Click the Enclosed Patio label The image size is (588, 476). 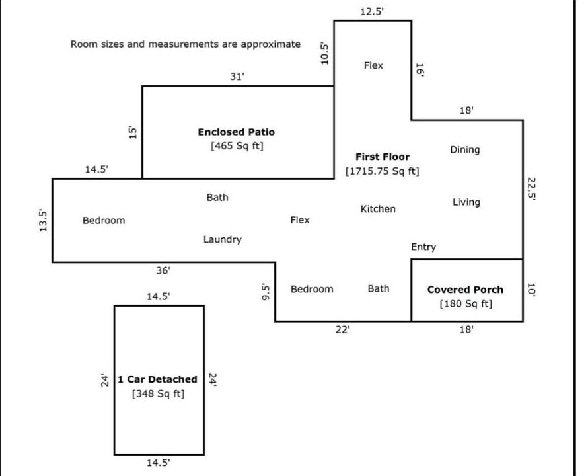(236, 132)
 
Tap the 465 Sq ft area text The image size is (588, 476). (236, 146)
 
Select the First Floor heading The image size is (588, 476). (382, 157)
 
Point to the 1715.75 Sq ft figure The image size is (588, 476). (382, 171)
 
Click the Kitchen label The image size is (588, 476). (378, 209)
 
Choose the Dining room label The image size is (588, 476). (464, 150)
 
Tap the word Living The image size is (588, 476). (466, 202)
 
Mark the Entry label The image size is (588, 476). (423, 247)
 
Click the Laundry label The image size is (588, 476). (222, 239)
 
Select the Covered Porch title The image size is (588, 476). (464, 290)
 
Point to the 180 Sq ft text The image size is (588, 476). (466, 304)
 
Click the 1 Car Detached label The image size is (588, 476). (157, 379)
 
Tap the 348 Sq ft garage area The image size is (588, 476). (158, 394)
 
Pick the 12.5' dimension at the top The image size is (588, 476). (372, 11)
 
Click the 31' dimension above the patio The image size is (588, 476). (237, 77)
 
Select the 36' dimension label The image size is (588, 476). (163, 270)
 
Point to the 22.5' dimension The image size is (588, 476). (532, 190)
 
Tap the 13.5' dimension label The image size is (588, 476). (43, 220)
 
